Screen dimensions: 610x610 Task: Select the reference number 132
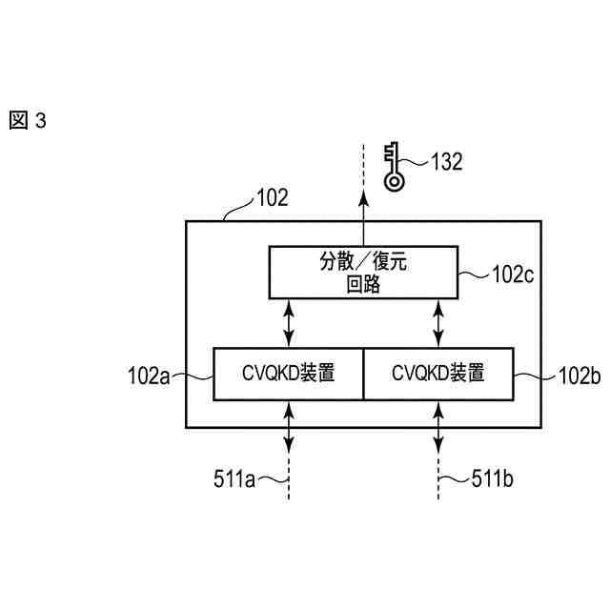pos(446,161)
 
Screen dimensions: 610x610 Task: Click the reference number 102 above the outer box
pos(272,198)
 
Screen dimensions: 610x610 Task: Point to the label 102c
pos(512,275)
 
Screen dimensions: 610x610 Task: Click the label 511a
pos(234,479)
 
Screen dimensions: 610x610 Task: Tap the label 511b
pos(493,479)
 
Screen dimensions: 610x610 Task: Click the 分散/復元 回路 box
pos(363,272)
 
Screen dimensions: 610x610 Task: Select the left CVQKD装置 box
pos(288,374)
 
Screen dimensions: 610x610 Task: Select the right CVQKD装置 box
pos(438,374)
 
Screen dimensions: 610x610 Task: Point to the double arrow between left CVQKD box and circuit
pos(289,322)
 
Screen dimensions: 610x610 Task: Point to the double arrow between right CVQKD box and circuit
pos(438,322)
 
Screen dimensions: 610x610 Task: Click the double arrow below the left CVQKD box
pos(289,425)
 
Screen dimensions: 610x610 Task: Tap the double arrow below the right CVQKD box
pos(438,425)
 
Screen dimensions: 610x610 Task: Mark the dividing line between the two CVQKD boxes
pos(363,374)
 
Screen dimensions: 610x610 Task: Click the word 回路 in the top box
pos(363,284)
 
